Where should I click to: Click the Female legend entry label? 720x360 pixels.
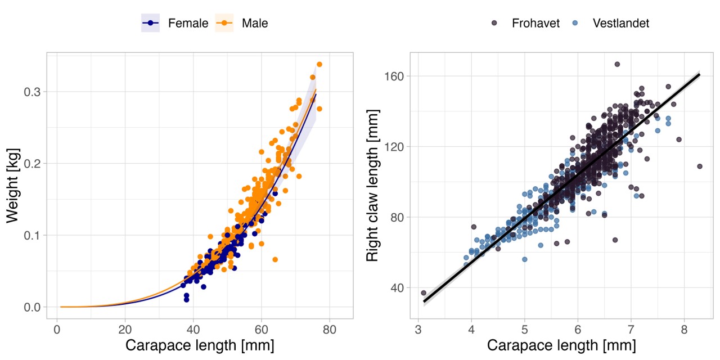[x=188, y=23]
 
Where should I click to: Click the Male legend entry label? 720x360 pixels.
[x=255, y=23]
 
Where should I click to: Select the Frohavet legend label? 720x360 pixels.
[x=535, y=23]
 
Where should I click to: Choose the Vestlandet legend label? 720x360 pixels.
[x=621, y=23]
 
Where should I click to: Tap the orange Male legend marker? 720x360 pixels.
[x=224, y=23]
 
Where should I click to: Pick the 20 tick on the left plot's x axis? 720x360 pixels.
[x=125, y=329]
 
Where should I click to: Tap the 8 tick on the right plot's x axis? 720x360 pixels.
[x=683, y=329]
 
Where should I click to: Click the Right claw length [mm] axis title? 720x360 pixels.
[x=372, y=186]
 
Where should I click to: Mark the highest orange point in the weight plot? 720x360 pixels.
[x=319, y=64]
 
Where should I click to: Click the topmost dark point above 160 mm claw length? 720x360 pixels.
[x=617, y=64]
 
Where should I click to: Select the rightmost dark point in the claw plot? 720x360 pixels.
[x=700, y=166]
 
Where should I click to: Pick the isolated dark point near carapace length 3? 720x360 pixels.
[x=424, y=293]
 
